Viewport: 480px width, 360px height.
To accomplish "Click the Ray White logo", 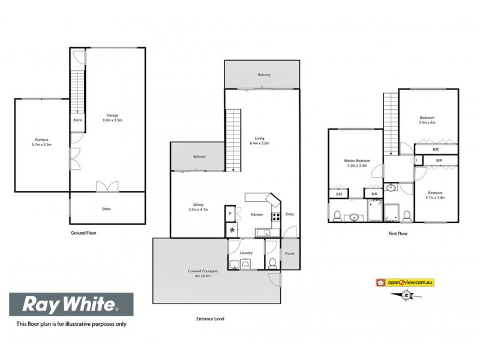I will (71, 305).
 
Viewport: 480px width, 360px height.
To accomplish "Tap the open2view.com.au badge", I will (405, 282).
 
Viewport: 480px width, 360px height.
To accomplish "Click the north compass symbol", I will (407, 295).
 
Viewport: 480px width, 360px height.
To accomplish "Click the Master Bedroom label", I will (357, 161).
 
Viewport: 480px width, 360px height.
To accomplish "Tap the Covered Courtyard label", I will (202, 272).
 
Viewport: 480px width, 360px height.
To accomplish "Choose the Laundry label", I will (246, 253).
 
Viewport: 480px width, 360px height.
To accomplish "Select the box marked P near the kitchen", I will (230, 214).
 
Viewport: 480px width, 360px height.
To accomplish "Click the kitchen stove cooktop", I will (277, 217).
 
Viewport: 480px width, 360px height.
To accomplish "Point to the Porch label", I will (290, 253).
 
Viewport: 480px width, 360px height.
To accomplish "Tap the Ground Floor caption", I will (83, 232).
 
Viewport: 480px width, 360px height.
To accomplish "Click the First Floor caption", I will (398, 232).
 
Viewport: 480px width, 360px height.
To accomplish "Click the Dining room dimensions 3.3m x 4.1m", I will (198, 210).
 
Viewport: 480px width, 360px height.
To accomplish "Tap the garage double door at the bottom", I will (107, 187).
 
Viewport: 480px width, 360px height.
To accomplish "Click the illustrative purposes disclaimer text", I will (71, 325).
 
